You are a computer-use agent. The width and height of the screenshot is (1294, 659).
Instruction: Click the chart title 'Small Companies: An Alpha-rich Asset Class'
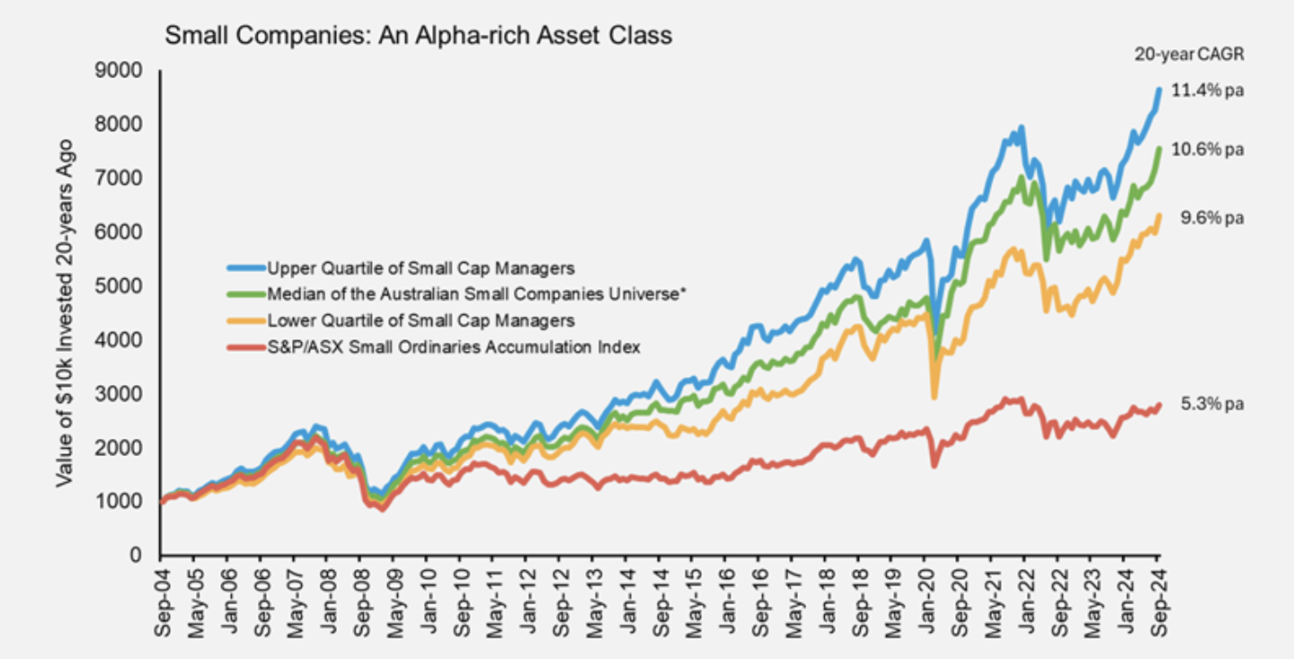pyautogui.click(x=418, y=37)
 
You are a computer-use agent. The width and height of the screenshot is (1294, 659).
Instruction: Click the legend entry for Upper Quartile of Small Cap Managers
pyautogui.click(x=421, y=268)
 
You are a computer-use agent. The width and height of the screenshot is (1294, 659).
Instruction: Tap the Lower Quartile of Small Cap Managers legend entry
pyautogui.click(x=421, y=320)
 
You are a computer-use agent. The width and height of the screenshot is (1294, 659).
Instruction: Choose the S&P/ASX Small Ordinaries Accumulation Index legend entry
pyautogui.click(x=453, y=347)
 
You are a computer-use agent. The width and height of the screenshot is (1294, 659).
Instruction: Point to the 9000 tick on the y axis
pyautogui.click(x=124, y=71)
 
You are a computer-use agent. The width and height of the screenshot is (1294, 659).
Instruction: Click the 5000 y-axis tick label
pyautogui.click(x=124, y=286)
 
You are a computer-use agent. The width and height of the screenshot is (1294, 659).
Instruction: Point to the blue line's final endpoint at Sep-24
pyautogui.click(x=1159, y=89)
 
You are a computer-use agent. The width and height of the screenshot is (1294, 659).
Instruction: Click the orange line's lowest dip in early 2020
pyautogui.click(x=935, y=397)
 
